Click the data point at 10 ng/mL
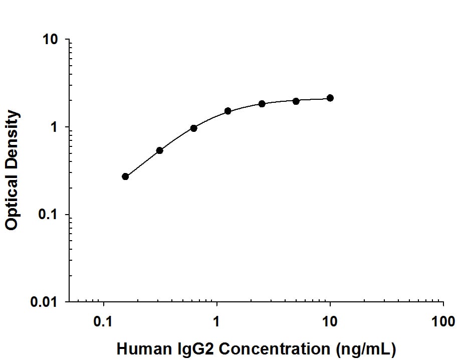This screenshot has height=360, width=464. [x=330, y=98]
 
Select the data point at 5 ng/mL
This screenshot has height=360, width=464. [x=296, y=101]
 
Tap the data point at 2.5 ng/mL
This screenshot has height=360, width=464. [x=262, y=104]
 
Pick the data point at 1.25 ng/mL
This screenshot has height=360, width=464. [x=227, y=111]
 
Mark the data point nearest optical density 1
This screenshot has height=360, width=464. [x=193, y=128]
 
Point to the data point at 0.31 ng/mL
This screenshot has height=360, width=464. [x=159, y=150]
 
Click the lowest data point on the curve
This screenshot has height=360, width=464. [x=125, y=176]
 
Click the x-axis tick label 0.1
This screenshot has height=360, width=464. [x=104, y=321]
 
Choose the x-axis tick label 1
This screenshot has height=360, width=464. [x=217, y=321]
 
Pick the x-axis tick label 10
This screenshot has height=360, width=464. [x=330, y=321]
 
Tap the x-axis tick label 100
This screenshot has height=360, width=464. [x=443, y=321]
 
